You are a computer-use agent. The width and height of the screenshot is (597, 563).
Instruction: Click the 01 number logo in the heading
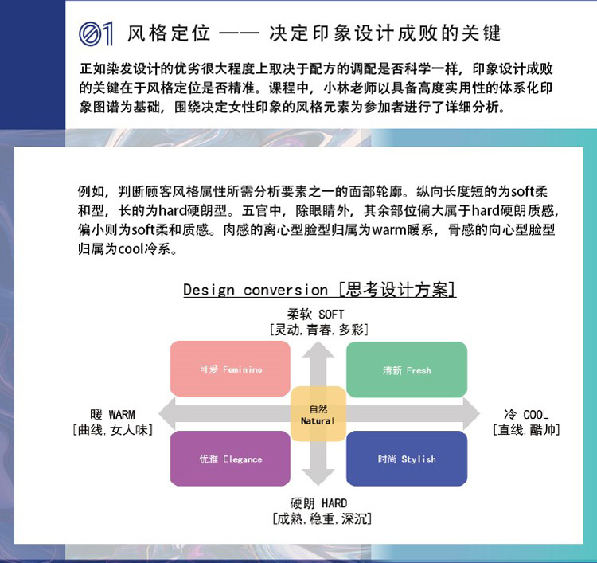click(96, 33)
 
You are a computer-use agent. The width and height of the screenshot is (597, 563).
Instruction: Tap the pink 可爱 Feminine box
click(230, 369)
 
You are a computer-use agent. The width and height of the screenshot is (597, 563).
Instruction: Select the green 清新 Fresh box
click(407, 369)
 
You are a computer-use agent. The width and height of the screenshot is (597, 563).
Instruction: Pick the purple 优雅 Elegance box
click(230, 459)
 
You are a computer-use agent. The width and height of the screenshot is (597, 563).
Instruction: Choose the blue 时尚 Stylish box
click(407, 459)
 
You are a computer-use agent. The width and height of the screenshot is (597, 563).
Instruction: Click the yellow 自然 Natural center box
click(318, 414)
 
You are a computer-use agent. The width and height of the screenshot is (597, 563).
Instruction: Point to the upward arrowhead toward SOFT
click(318, 350)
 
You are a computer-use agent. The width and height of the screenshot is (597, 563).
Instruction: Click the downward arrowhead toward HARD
click(318, 478)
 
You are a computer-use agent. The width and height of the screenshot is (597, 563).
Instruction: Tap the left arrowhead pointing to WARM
click(167, 414)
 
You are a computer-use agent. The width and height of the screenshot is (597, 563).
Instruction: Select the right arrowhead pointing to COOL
click(471, 414)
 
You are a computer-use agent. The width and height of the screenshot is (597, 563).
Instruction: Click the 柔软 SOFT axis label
click(315, 315)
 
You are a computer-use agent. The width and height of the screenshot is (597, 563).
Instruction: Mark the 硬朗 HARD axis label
click(318, 503)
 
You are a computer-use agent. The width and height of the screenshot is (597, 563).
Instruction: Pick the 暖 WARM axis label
click(113, 414)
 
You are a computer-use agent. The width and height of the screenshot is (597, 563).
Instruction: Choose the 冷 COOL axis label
click(527, 414)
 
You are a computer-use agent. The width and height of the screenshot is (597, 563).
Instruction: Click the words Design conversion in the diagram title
click(256, 290)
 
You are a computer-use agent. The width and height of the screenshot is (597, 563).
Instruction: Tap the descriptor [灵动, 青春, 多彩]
click(318, 330)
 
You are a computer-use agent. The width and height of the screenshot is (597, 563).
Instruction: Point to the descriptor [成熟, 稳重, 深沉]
click(322, 518)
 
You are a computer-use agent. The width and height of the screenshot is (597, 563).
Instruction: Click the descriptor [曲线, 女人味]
click(113, 430)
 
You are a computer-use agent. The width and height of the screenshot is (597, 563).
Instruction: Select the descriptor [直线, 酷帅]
click(526, 430)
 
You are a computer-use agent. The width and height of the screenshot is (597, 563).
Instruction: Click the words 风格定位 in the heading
click(169, 33)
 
